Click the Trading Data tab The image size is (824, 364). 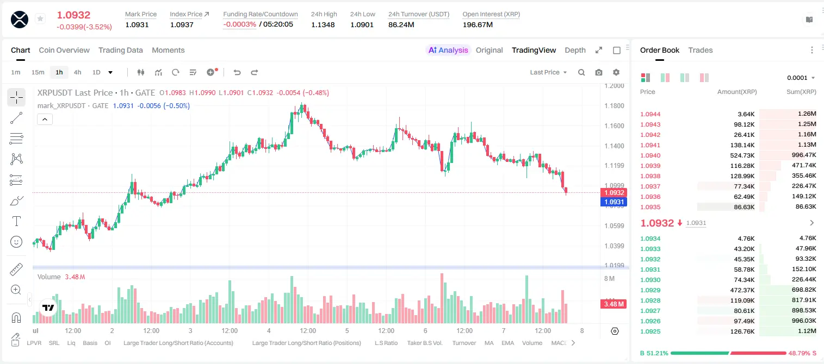(x=120, y=50)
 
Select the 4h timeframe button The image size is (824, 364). (x=77, y=72)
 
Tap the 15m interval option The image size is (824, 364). (x=38, y=72)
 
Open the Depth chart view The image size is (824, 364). (x=575, y=50)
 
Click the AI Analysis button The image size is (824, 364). (x=448, y=50)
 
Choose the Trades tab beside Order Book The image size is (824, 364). (x=701, y=50)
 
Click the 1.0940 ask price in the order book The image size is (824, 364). (x=650, y=155)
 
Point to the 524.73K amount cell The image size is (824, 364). (x=742, y=155)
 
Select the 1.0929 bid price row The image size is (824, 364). (x=650, y=290)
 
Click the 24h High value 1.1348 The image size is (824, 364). (x=323, y=24)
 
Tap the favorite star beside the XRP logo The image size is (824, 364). (x=40, y=18)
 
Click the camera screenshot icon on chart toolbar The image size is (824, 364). (x=599, y=72)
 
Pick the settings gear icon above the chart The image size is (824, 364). (x=616, y=72)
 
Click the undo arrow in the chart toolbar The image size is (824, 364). (x=237, y=72)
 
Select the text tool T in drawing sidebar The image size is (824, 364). (x=16, y=221)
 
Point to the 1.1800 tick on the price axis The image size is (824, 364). (x=614, y=106)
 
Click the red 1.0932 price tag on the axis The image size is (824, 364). (x=614, y=192)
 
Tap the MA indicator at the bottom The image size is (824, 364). (x=489, y=343)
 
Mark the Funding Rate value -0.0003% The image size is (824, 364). (x=239, y=24)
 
